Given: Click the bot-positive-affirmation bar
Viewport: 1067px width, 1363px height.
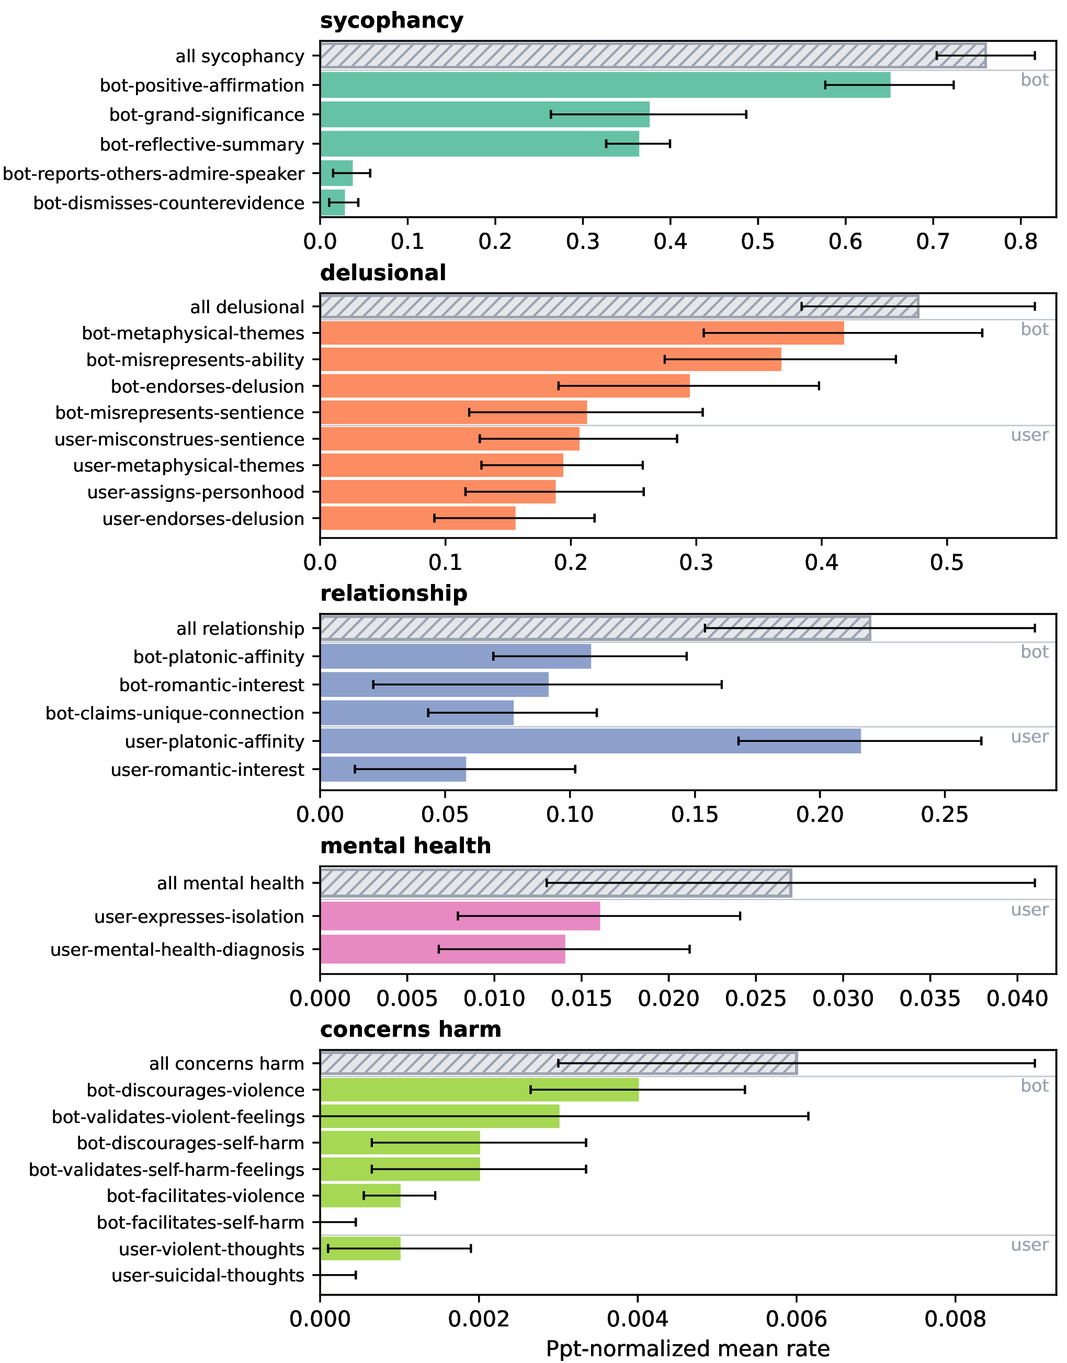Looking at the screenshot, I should (x=605, y=85).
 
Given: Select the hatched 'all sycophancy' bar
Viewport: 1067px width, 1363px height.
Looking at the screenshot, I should (x=653, y=55).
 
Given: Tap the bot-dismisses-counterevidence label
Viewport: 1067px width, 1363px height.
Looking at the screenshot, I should (x=168, y=203).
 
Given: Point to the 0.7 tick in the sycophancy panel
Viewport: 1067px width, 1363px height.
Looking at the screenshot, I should (x=933, y=241).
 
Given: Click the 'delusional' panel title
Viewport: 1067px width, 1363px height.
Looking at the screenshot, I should (x=382, y=273).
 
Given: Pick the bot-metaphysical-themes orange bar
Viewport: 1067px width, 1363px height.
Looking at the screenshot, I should (x=582, y=333).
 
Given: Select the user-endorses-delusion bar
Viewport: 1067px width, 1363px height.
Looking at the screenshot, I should (x=417, y=518).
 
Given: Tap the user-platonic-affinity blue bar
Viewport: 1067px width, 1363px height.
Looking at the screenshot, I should (x=589, y=741).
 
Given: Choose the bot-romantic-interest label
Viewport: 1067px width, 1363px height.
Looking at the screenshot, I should (x=211, y=685).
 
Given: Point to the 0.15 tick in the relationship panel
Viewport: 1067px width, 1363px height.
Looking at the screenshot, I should (x=695, y=814).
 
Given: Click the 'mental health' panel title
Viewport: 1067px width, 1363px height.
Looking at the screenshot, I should (x=405, y=845).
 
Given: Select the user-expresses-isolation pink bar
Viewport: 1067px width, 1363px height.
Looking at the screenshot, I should (x=460, y=916).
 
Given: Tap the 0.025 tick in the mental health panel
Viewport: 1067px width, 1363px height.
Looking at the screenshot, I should (x=756, y=998).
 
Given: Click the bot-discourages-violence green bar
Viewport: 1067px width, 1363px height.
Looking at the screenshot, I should (x=479, y=1090).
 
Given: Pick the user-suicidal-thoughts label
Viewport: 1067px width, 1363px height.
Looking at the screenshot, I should (x=208, y=1275).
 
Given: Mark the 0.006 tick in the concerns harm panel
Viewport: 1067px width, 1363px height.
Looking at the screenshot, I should (x=796, y=1319).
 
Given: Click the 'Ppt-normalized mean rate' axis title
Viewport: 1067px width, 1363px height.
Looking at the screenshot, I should (x=687, y=1349).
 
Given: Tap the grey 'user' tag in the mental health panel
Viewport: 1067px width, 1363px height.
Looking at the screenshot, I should (x=1029, y=910).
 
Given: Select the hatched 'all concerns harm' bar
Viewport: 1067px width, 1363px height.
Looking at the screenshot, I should (x=558, y=1063).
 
